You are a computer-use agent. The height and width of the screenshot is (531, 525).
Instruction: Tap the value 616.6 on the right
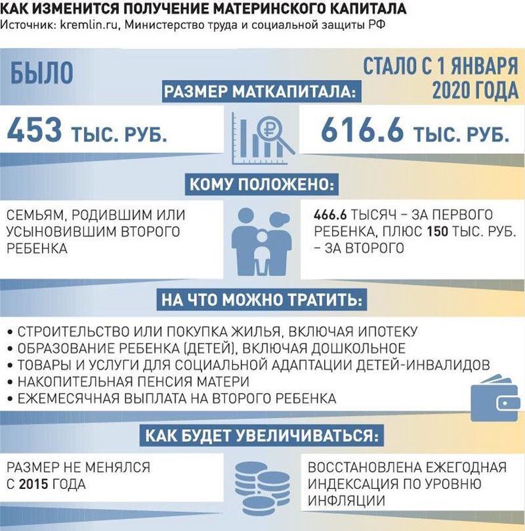click(x=362, y=131)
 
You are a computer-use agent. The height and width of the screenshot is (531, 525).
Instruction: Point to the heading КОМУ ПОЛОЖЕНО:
click(x=261, y=185)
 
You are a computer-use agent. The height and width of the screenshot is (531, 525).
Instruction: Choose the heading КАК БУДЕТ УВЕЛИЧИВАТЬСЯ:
click(x=261, y=436)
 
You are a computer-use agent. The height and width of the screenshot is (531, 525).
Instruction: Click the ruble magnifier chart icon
click(x=262, y=139)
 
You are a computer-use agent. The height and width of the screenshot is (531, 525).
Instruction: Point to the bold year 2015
click(x=37, y=484)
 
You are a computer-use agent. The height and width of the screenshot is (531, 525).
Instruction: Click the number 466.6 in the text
click(x=332, y=216)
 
